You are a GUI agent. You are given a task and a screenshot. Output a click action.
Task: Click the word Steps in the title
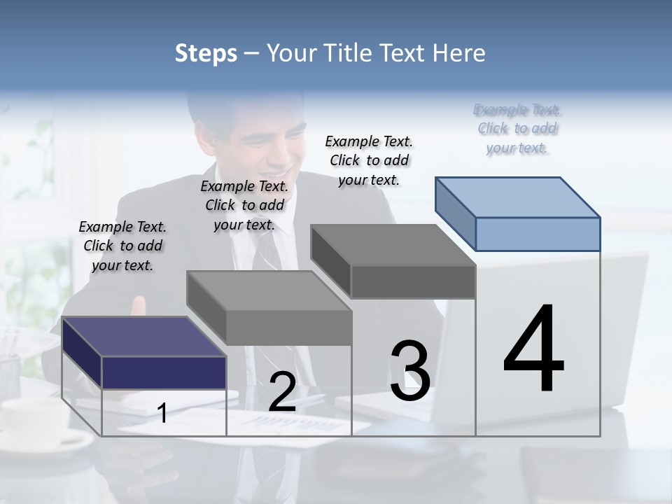[x=206, y=53]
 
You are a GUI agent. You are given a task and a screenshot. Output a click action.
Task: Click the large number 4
[x=533, y=350]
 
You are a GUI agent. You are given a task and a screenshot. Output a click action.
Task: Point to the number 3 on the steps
[x=410, y=371]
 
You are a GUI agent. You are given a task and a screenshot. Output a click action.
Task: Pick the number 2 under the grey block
[x=282, y=392]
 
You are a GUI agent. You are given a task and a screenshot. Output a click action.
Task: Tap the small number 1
[x=162, y=413]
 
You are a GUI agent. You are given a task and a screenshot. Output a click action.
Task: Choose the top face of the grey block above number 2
[x=269, y=290]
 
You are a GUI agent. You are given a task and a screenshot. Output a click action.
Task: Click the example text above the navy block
[x=122, y=246]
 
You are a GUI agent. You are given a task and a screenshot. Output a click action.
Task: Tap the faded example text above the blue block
[x=517, y=129]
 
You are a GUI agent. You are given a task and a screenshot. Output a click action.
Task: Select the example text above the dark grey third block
[x=369, y=160]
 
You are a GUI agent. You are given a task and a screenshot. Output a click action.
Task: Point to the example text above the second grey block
[x=244, y=205]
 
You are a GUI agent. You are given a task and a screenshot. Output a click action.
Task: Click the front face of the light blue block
[x=538, y=234]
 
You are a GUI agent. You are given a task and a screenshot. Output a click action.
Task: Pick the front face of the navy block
[x=164, y=372]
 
